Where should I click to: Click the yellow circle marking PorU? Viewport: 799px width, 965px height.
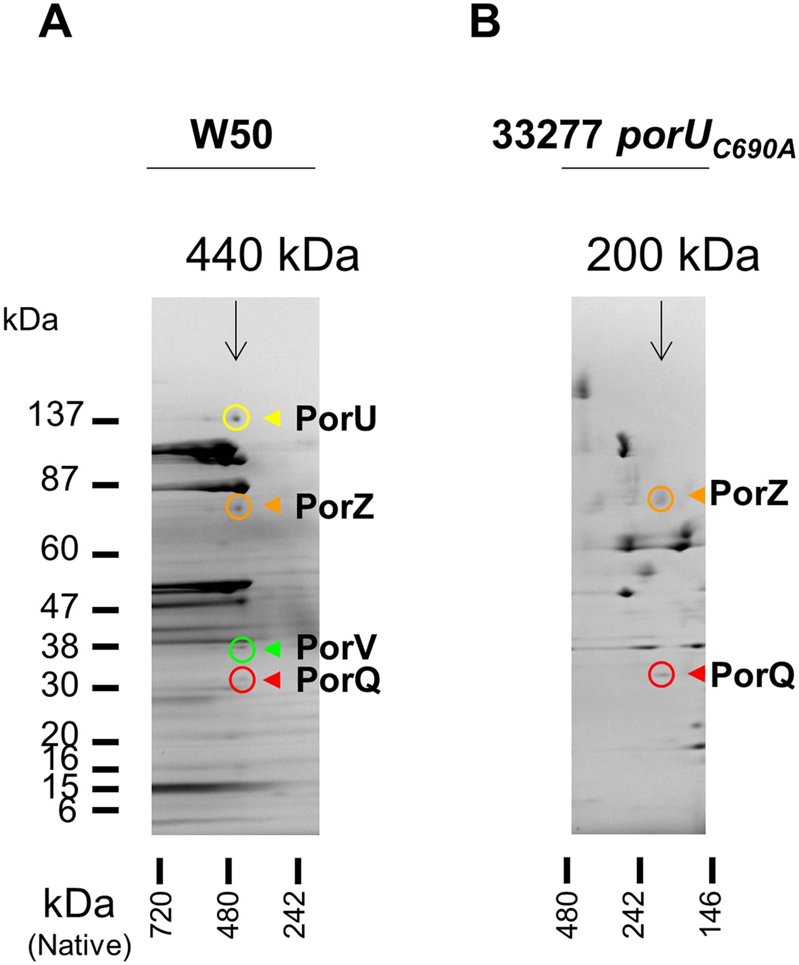pos(236,417)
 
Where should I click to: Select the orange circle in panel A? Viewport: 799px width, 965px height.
pos(239,506)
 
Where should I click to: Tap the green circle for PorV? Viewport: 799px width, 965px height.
pos(242,649)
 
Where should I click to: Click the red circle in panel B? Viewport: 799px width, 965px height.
pos(662,674)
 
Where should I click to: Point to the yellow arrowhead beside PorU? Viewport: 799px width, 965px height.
pos(273,418)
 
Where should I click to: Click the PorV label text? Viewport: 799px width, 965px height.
pos(336,648)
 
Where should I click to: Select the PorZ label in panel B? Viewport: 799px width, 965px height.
pos(749,494)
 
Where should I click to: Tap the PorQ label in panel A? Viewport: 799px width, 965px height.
pos(338,680)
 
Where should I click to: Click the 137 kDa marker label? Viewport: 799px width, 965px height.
pos(56,414)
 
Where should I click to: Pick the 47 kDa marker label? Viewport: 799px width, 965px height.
pos(58,606)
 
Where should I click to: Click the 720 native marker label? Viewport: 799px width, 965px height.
pos(161,914)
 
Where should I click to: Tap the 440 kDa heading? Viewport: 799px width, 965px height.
pos(272,255)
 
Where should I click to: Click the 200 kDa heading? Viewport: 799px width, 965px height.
pos(672,255)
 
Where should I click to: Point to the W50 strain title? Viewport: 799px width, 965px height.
pos(231,135)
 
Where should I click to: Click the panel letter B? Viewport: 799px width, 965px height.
pos(485,22)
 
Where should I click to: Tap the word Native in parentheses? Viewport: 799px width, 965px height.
pos(80,945)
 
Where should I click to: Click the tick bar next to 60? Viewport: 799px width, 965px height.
pos(105,554)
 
